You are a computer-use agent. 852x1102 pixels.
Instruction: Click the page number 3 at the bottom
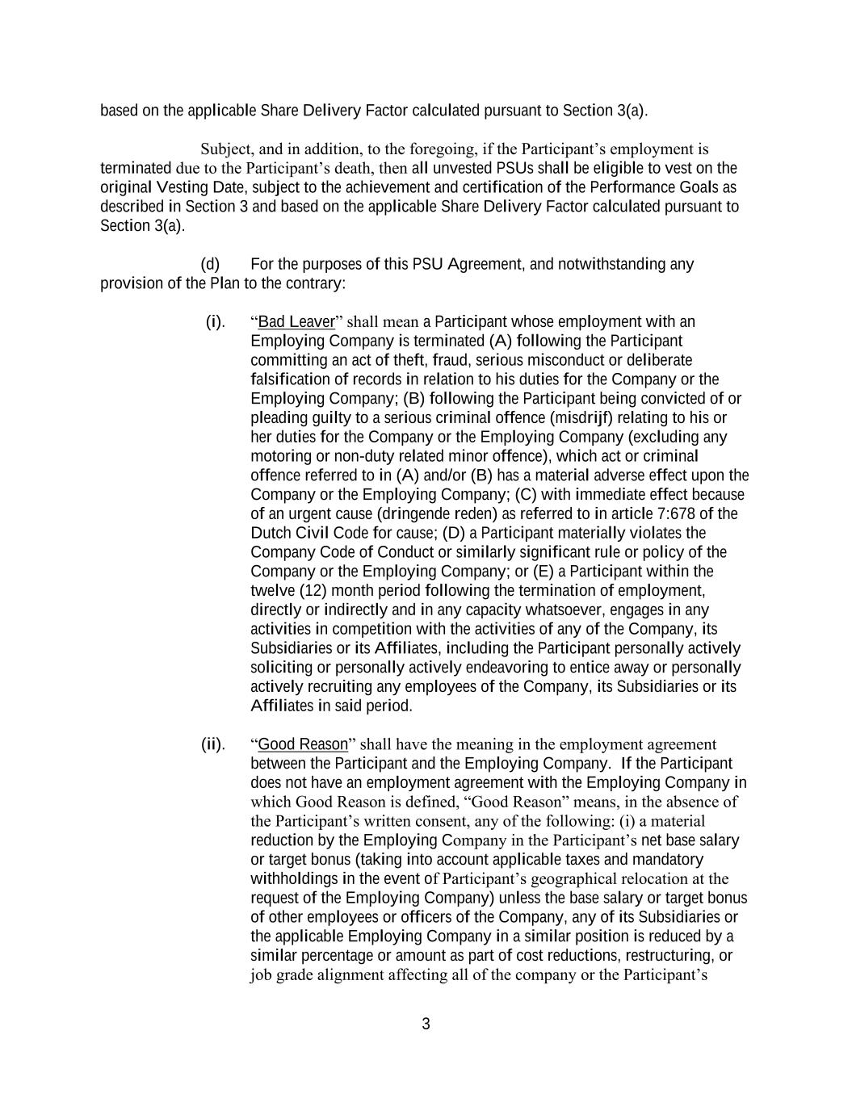click(426, 1024)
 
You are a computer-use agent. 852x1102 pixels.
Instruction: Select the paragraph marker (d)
click(210, 265)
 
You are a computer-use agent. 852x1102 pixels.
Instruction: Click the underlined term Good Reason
click(302, 744)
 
